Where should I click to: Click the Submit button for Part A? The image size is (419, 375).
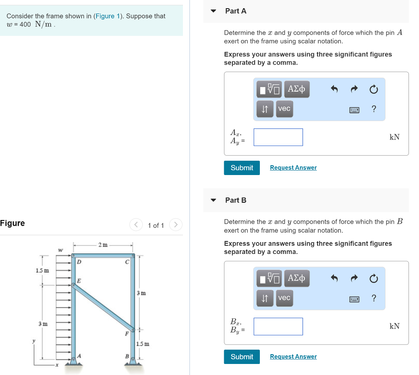click(x=241, y=168)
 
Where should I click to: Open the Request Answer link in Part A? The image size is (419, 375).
click(x=293, y=168)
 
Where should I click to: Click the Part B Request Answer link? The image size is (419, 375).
click(x=293, y=357)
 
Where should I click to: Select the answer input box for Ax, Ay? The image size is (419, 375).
click(x=278, y=137)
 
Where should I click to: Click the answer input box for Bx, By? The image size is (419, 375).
click(x=278, y=326)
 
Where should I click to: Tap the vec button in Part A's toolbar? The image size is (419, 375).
click(x=284, y=109)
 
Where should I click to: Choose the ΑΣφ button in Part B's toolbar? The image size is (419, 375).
click(x=297, y=278)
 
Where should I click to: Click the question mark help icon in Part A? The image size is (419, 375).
click(x=373, y=109)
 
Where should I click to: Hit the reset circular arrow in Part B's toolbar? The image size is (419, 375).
click(x=373, y=278)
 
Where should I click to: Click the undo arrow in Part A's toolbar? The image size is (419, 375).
click(x=334, y=89)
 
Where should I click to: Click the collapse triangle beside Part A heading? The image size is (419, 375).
click(x=213, y=11)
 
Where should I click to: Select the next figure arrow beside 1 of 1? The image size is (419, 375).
click(x=176, y=225)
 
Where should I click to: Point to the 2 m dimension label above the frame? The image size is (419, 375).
click(x=103, y=245)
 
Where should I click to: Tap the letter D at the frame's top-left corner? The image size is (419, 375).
click(x=79, y=261)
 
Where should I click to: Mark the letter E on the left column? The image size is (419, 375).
click(x=79, y=281)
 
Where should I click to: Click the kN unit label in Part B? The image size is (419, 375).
click(x=394, y=326)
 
